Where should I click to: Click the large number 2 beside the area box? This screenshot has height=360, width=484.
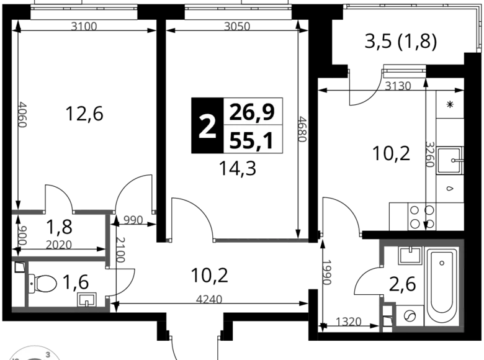[207, 127]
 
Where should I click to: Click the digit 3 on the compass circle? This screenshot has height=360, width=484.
[48, 354]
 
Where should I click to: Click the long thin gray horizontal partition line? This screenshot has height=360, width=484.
[261, 240]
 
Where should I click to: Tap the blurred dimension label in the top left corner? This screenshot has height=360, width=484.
[84, 26]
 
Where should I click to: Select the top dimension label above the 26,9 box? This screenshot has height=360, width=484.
[238, 26]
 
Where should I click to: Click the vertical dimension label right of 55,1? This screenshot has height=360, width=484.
[303, 129]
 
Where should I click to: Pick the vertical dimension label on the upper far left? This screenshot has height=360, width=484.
[24, 115]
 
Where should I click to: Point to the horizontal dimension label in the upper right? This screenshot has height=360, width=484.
[397, 85]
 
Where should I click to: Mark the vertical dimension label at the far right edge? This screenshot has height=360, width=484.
[429, 154]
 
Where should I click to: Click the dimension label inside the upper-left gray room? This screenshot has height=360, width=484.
[59, 243]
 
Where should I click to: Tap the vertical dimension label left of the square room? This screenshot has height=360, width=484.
[327, 273]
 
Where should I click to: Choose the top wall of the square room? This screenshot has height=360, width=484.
[422, 243]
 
